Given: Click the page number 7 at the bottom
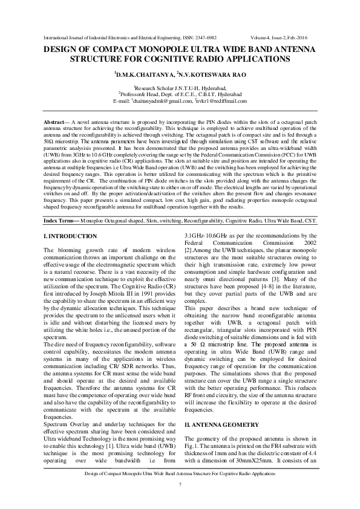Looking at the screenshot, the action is coord(180,485).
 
